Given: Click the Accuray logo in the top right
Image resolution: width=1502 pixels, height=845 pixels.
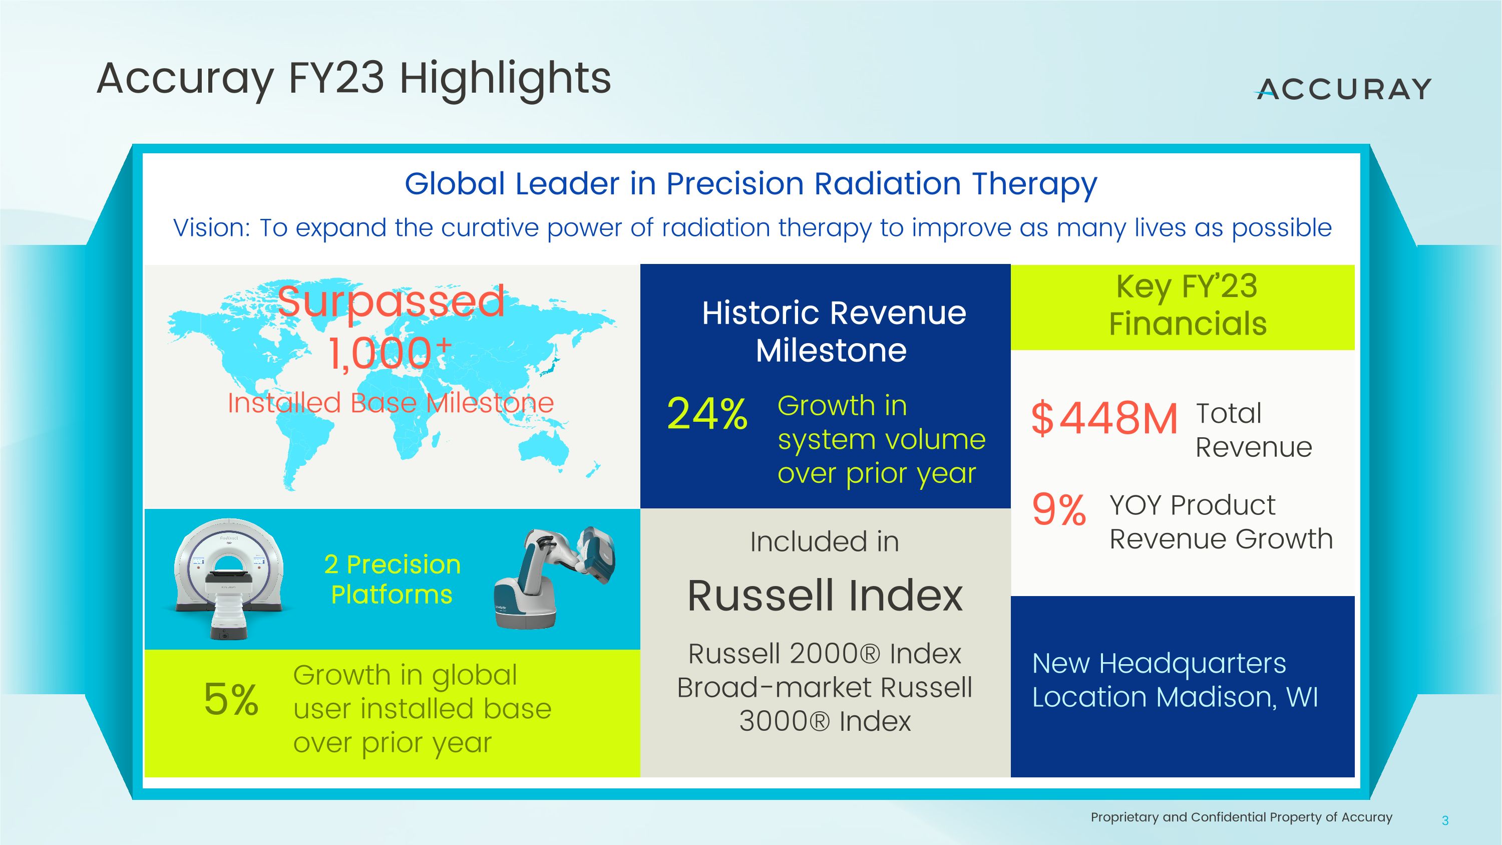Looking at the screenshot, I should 1343,89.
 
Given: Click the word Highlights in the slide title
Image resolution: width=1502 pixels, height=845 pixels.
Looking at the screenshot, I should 505,79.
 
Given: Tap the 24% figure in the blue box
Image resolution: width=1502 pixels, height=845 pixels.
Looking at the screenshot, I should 706,414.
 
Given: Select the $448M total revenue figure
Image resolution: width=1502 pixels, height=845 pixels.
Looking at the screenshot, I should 1104,419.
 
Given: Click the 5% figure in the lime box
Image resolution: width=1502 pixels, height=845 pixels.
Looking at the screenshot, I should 231,699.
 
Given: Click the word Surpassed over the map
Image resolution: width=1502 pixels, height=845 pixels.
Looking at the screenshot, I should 391,302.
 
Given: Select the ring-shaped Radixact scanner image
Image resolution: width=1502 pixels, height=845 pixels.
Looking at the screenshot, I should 229,578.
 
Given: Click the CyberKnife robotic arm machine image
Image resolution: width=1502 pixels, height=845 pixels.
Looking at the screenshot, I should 551,578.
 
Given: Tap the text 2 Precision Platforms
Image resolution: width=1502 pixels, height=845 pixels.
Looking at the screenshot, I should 392,580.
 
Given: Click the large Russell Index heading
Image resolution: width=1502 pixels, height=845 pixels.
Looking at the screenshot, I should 825,596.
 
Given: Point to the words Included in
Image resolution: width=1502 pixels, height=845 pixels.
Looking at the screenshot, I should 825,542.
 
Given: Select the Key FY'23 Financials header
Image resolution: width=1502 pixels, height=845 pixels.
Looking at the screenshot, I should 1187,306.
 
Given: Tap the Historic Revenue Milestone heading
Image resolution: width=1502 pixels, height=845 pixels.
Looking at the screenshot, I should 833,331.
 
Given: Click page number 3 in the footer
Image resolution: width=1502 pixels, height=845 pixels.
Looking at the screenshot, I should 1445,820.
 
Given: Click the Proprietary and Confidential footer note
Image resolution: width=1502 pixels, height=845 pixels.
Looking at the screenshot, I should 1241,817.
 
